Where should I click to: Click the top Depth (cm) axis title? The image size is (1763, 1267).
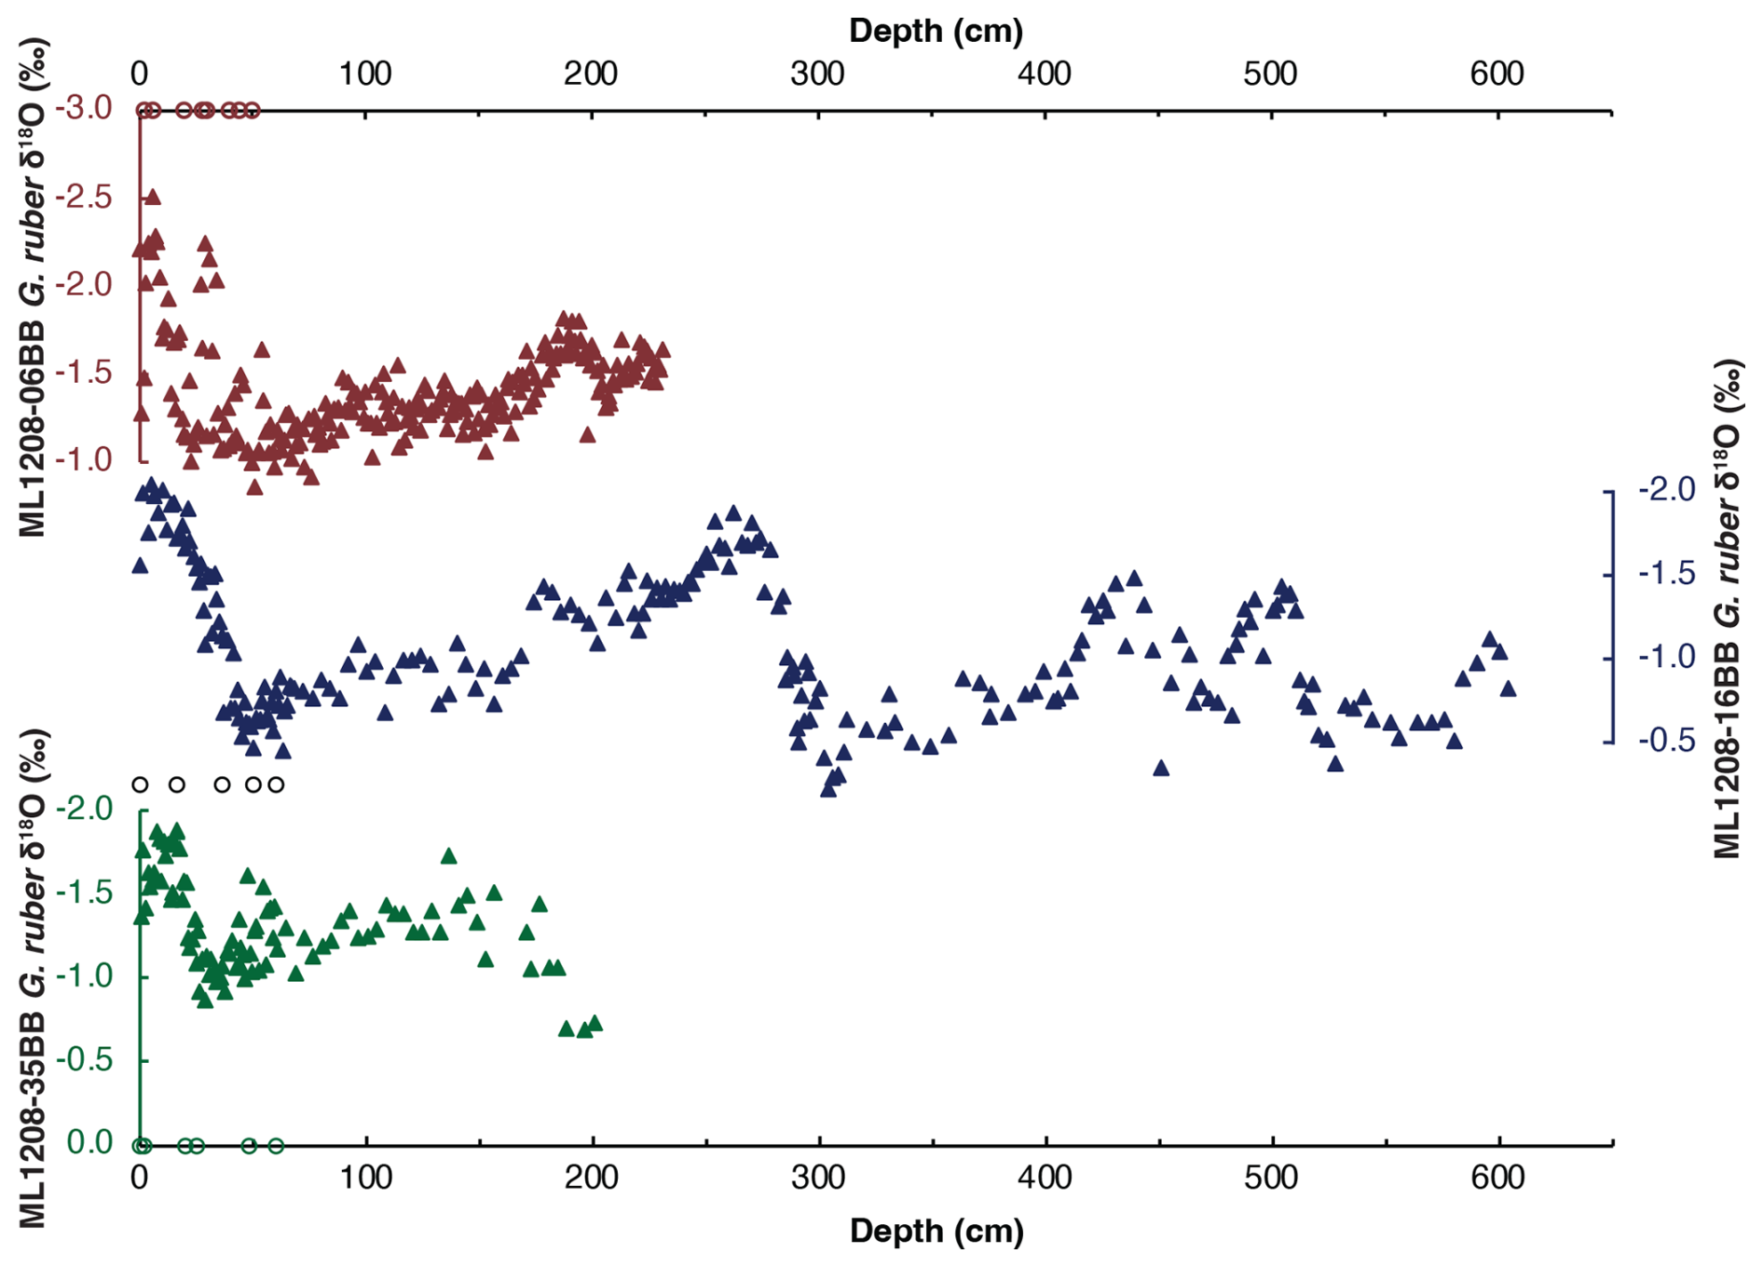[936, 31]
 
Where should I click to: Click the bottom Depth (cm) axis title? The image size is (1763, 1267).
[936, 1231]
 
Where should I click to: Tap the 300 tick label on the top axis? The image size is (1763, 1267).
[817, 74]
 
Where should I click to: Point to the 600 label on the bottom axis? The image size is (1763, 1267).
[1497, 1178]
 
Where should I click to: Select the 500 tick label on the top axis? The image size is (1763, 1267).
[1270, 74]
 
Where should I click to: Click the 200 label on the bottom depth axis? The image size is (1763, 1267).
[592, 1178]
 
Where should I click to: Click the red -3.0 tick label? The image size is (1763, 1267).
[83, 108]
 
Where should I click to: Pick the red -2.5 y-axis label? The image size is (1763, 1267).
[83, 197]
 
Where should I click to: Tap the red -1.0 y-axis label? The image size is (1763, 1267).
[83, 459]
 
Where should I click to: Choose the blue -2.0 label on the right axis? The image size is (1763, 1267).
[1667, 489]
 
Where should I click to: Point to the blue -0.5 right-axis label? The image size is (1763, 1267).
[1667, 741]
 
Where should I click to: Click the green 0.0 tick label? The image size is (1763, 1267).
[89, 1142]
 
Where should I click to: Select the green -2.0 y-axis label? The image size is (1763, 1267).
[85, 808]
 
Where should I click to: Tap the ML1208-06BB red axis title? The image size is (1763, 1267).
[34, 289]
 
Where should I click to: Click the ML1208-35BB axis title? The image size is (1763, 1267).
[34, 978]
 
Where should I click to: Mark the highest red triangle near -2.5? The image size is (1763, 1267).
[153, 197]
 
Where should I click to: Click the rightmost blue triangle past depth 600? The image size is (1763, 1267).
[1508, 689]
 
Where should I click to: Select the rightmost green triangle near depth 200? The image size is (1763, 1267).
[594, 1024]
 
